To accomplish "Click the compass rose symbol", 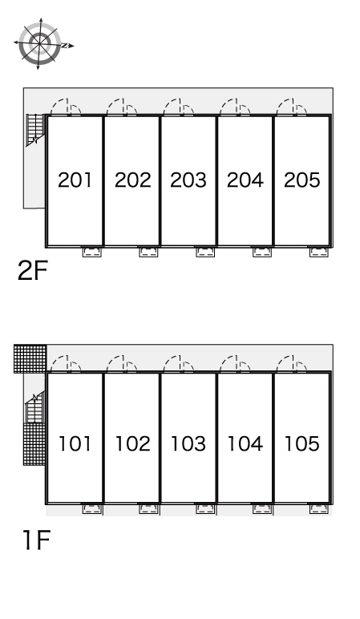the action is point(40,43).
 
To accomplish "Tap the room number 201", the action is point(75,180).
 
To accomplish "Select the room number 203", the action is point(188,180).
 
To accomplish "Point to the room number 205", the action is point(302,180).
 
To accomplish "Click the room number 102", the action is point(132,443).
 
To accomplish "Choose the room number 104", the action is point(245,443).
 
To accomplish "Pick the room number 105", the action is point(302,443).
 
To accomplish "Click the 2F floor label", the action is point(32,270).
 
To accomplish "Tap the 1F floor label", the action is point(36,540).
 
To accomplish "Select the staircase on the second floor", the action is point(35,129).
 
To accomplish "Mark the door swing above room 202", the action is point(122,107).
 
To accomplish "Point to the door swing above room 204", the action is point(235,107).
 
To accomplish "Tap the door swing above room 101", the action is point(66,364).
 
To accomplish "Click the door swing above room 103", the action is point(179,364).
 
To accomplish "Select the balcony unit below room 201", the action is point(92,252).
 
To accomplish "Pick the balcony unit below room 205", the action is point(319,252).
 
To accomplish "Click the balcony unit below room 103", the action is point(205,509).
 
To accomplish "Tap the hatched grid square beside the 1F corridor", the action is point(30,358).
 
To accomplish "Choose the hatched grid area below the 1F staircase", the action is point(34,444).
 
